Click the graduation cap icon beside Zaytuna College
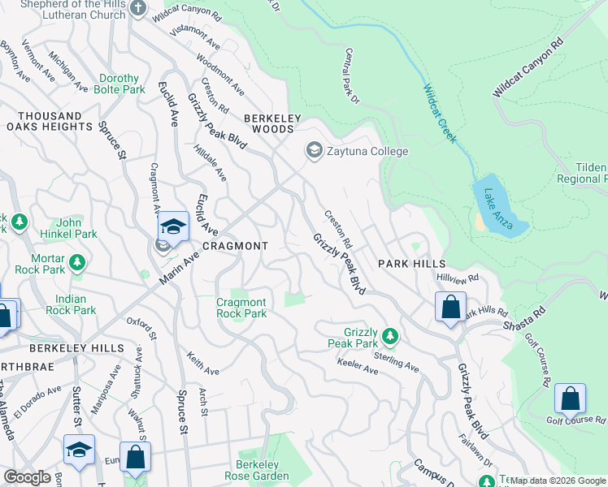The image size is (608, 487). coord(314,151)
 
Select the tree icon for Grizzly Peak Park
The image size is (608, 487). coord(389,335)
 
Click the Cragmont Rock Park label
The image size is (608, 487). coord(241,308)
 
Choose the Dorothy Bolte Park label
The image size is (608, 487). coord(119,84)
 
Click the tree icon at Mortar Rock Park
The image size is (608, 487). coord(76,262)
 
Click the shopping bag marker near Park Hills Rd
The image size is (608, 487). coord(449,308)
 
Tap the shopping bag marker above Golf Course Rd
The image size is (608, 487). coord(570,399)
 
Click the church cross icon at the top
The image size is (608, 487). coord(137,8)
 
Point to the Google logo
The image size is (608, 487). coord(27,477)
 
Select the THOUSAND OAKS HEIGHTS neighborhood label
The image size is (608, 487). coord(49,122)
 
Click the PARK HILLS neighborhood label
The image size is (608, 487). coord(412,264)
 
